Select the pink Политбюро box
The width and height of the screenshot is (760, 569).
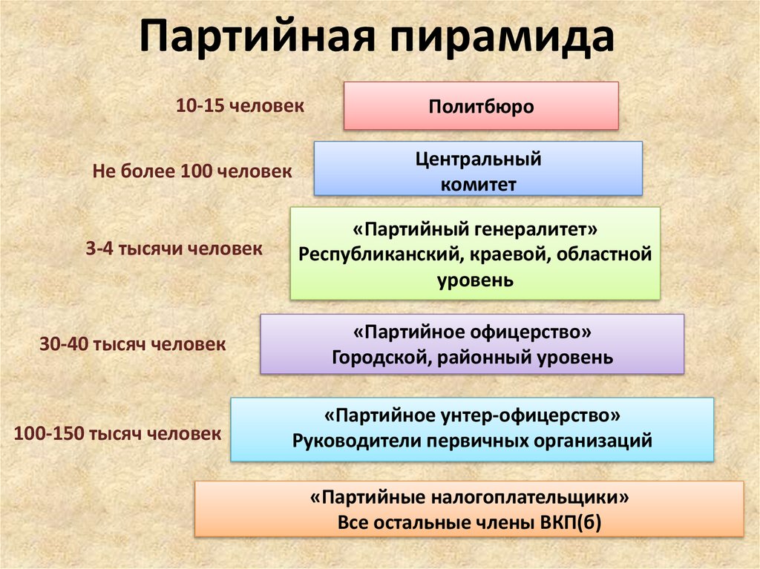(481, 106)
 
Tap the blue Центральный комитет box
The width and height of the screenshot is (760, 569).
(478, 169)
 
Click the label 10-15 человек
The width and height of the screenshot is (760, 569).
(240, 105)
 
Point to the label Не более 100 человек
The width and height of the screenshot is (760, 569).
(192, 171)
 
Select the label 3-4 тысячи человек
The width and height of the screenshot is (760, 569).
(174, 249)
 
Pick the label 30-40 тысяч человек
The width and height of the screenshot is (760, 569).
(131, 344)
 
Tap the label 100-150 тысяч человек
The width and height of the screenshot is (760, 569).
(117, 433)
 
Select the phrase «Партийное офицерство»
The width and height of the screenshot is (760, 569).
(472, 331)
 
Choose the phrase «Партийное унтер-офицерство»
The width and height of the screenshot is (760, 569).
(472, 413)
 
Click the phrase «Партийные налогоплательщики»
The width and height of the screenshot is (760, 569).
(469, 496)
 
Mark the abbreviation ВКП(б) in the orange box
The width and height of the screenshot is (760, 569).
(566, 522)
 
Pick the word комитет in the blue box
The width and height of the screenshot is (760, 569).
(478, 185)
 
